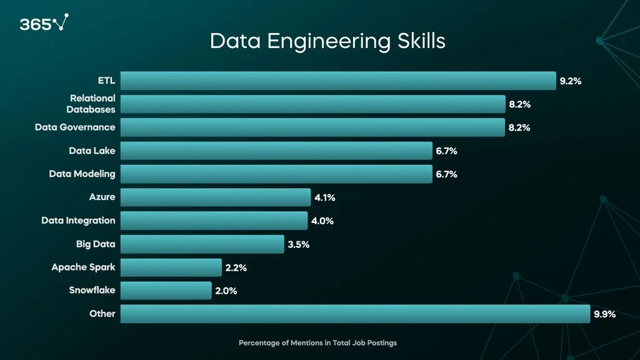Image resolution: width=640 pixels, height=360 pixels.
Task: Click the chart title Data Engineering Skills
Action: [x=327, y=41]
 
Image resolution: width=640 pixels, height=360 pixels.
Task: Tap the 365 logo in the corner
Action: [x=44, y=24]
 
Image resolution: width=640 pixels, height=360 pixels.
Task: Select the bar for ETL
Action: [x=337, y=81]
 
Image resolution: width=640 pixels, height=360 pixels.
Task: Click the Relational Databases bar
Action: [x=312, y=104]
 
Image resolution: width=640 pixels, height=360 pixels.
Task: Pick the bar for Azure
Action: [x=215, y=197]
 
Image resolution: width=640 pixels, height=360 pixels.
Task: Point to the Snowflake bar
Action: [x=166, y=291]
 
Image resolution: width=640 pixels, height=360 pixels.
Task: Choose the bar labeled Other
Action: [x=354, y=314]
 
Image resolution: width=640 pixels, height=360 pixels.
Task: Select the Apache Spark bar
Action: [x=171, y=267]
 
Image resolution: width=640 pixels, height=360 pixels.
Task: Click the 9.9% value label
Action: [x=605, y=314]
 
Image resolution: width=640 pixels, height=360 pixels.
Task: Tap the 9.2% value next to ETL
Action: [x=571, y=81]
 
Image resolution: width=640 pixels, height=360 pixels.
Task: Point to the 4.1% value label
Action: [x=325, y=197]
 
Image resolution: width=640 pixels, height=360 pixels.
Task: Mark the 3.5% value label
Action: [x=299, y=244]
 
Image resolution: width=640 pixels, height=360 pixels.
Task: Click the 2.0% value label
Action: [x=226, y=291]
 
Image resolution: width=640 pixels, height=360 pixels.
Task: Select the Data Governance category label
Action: [x=75, y=127]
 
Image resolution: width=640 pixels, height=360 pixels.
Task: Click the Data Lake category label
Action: [x=92, y=151]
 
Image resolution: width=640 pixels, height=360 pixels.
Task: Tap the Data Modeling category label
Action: [x=82, y=174]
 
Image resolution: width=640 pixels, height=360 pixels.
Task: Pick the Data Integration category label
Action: [x=78, y=221]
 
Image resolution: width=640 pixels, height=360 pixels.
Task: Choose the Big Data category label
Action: [x=96, y=244]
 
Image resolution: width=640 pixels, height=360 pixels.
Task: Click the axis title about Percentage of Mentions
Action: [x=317, y=343]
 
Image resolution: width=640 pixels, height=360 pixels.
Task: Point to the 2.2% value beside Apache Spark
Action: [x=236, y=267]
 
